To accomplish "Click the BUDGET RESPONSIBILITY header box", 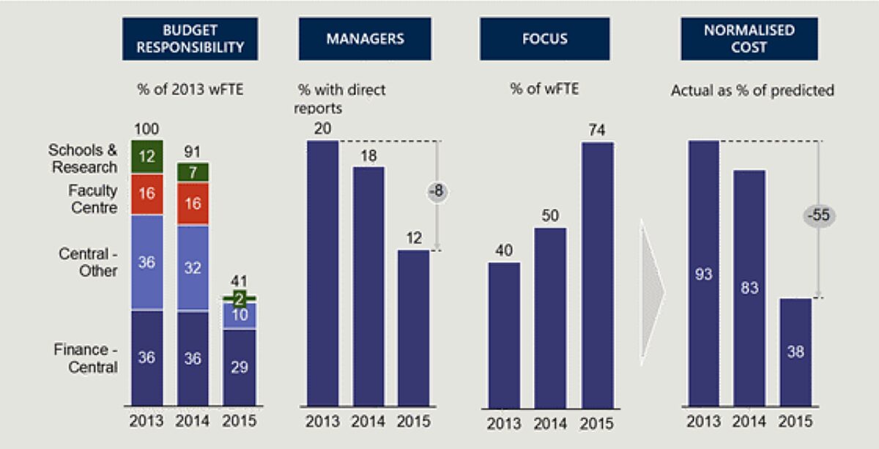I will pyautogui.click(x=190, y=39).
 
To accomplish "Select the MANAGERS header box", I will pyautogui.click(x=364, y=39).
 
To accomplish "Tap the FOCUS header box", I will pyautogui.click(x=544, y=39).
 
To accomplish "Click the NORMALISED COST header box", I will pyautogui.click(x=748, y=39).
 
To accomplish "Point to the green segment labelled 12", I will pyautogui.click(x=146, y=157).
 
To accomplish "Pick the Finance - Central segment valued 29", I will pyautogui.click(x=239, y=367).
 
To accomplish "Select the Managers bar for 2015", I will pyautogui.click(x=413, y=327).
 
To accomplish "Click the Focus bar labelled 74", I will pyautogui.click(x=597, y=274).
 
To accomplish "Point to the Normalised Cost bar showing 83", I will pyautogui.click(x=749, y=287).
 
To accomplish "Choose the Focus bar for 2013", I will pyautogui.click(x=504, y=333).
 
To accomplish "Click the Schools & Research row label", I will pyautogui.click(x=83, y=158).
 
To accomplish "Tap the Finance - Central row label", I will pyautogui.click(x=85, y=358).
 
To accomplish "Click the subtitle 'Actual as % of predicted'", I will pyautogui.click(x=752, y=92).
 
